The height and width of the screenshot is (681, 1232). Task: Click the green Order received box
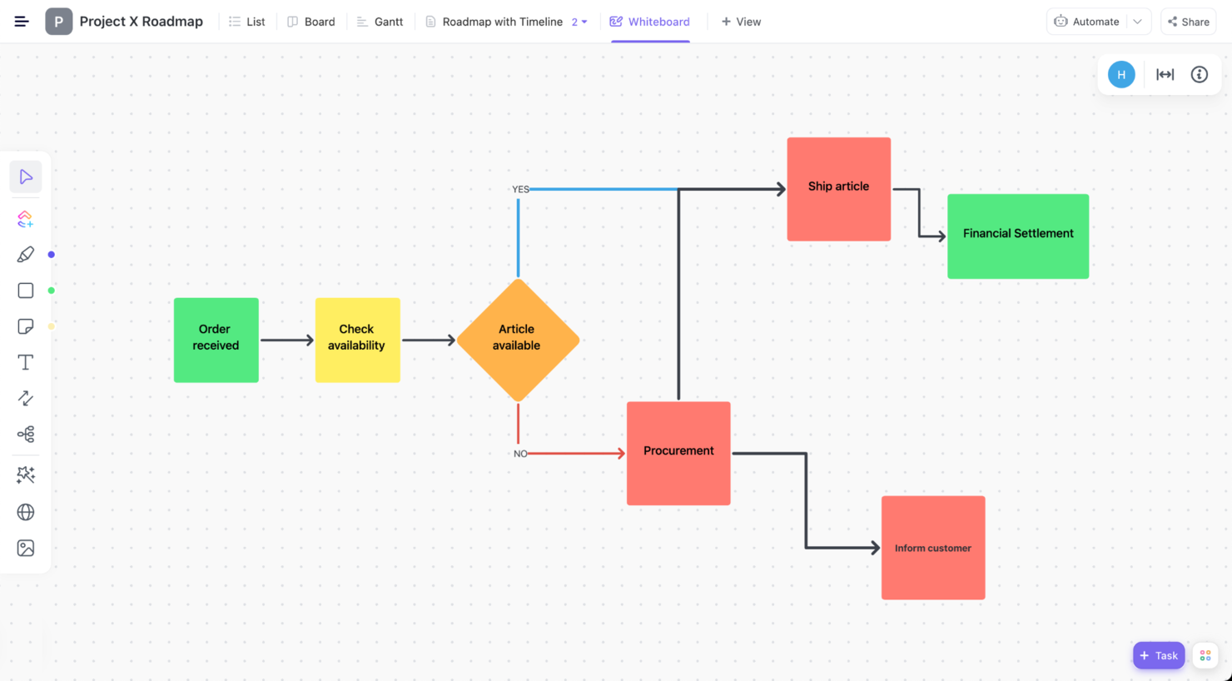[216, 340]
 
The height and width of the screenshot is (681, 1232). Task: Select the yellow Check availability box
[357, 340]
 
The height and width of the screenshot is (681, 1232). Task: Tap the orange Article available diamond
[518, 340]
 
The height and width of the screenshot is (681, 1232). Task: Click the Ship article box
[839, 189]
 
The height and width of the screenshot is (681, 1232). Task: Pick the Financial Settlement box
[1018, 236]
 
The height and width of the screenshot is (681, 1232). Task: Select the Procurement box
[678, 453]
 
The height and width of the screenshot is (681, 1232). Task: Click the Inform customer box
[933, 547]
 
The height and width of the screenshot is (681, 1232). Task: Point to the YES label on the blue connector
[520, 189]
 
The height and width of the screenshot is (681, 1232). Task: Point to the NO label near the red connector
[520, 454]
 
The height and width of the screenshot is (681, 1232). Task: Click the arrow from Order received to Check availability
[287, 340]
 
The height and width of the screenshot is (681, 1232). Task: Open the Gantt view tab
[380, 22]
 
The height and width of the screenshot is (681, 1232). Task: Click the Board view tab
[311, 22]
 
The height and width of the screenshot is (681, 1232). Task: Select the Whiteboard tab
[649, 22]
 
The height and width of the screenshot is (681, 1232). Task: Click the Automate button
[1087, 22]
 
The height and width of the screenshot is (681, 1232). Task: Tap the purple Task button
[1159, 655]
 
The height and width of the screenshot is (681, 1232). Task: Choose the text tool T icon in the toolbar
[25, 362]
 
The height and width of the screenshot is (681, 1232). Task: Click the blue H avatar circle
[1121, 74]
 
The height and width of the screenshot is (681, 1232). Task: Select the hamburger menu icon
[22, 22]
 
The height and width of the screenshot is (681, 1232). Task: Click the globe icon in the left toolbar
[25, 512]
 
